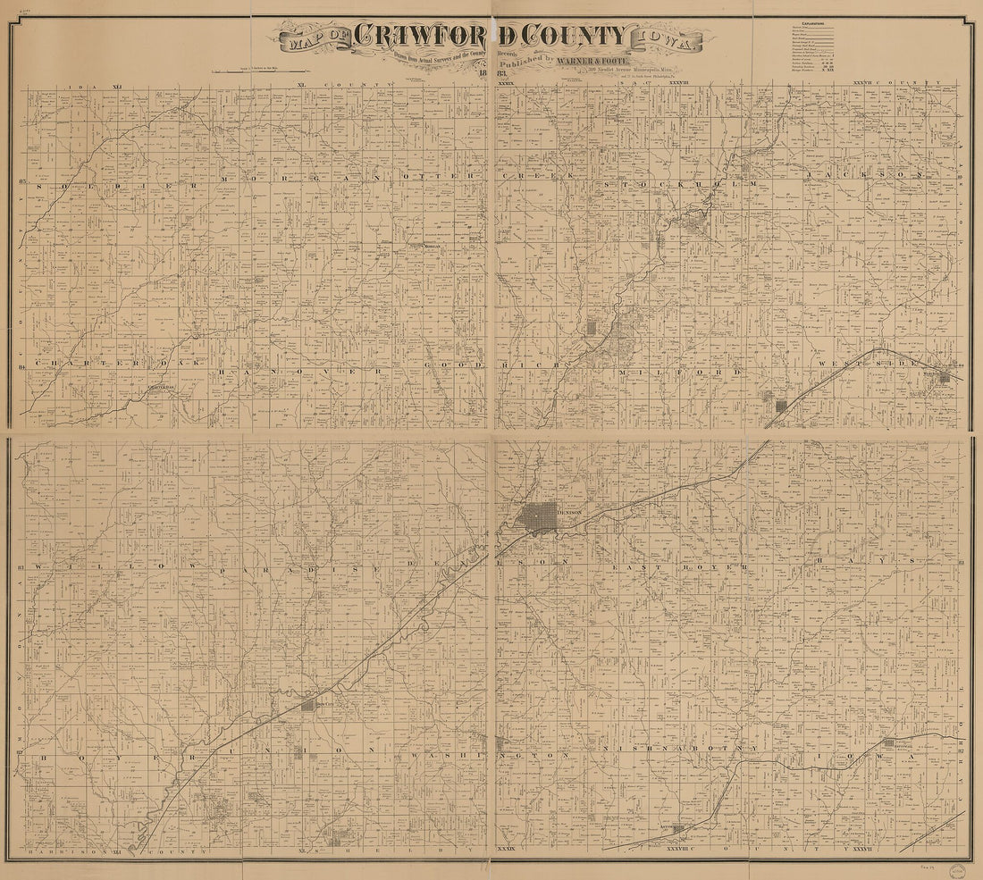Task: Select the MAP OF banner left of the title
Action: tap(313, 39)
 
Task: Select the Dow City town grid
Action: tap(309, 706)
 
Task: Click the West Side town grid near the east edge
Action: tap(944, 381)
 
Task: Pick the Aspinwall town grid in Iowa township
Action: tap(889, 742)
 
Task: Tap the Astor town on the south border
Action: tap(678, 828)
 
